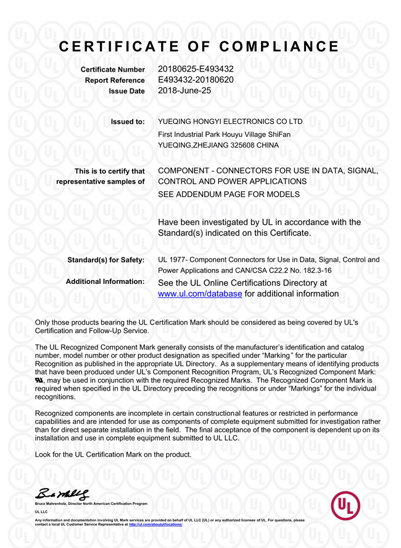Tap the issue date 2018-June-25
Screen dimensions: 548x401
[185, 91]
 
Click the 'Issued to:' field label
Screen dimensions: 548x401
[128, 122]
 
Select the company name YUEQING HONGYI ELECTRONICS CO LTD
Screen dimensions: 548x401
[230, 122]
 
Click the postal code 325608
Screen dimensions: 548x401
[242, 146]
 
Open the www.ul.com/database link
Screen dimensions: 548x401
[200, 294]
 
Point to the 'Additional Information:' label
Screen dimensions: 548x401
[105, 281]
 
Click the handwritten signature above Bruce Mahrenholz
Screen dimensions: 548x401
[63, 493]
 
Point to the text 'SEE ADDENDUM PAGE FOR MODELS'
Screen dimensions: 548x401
[229, 194]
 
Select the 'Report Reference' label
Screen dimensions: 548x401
[115, 80]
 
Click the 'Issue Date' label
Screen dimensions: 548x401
[126, 91]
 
